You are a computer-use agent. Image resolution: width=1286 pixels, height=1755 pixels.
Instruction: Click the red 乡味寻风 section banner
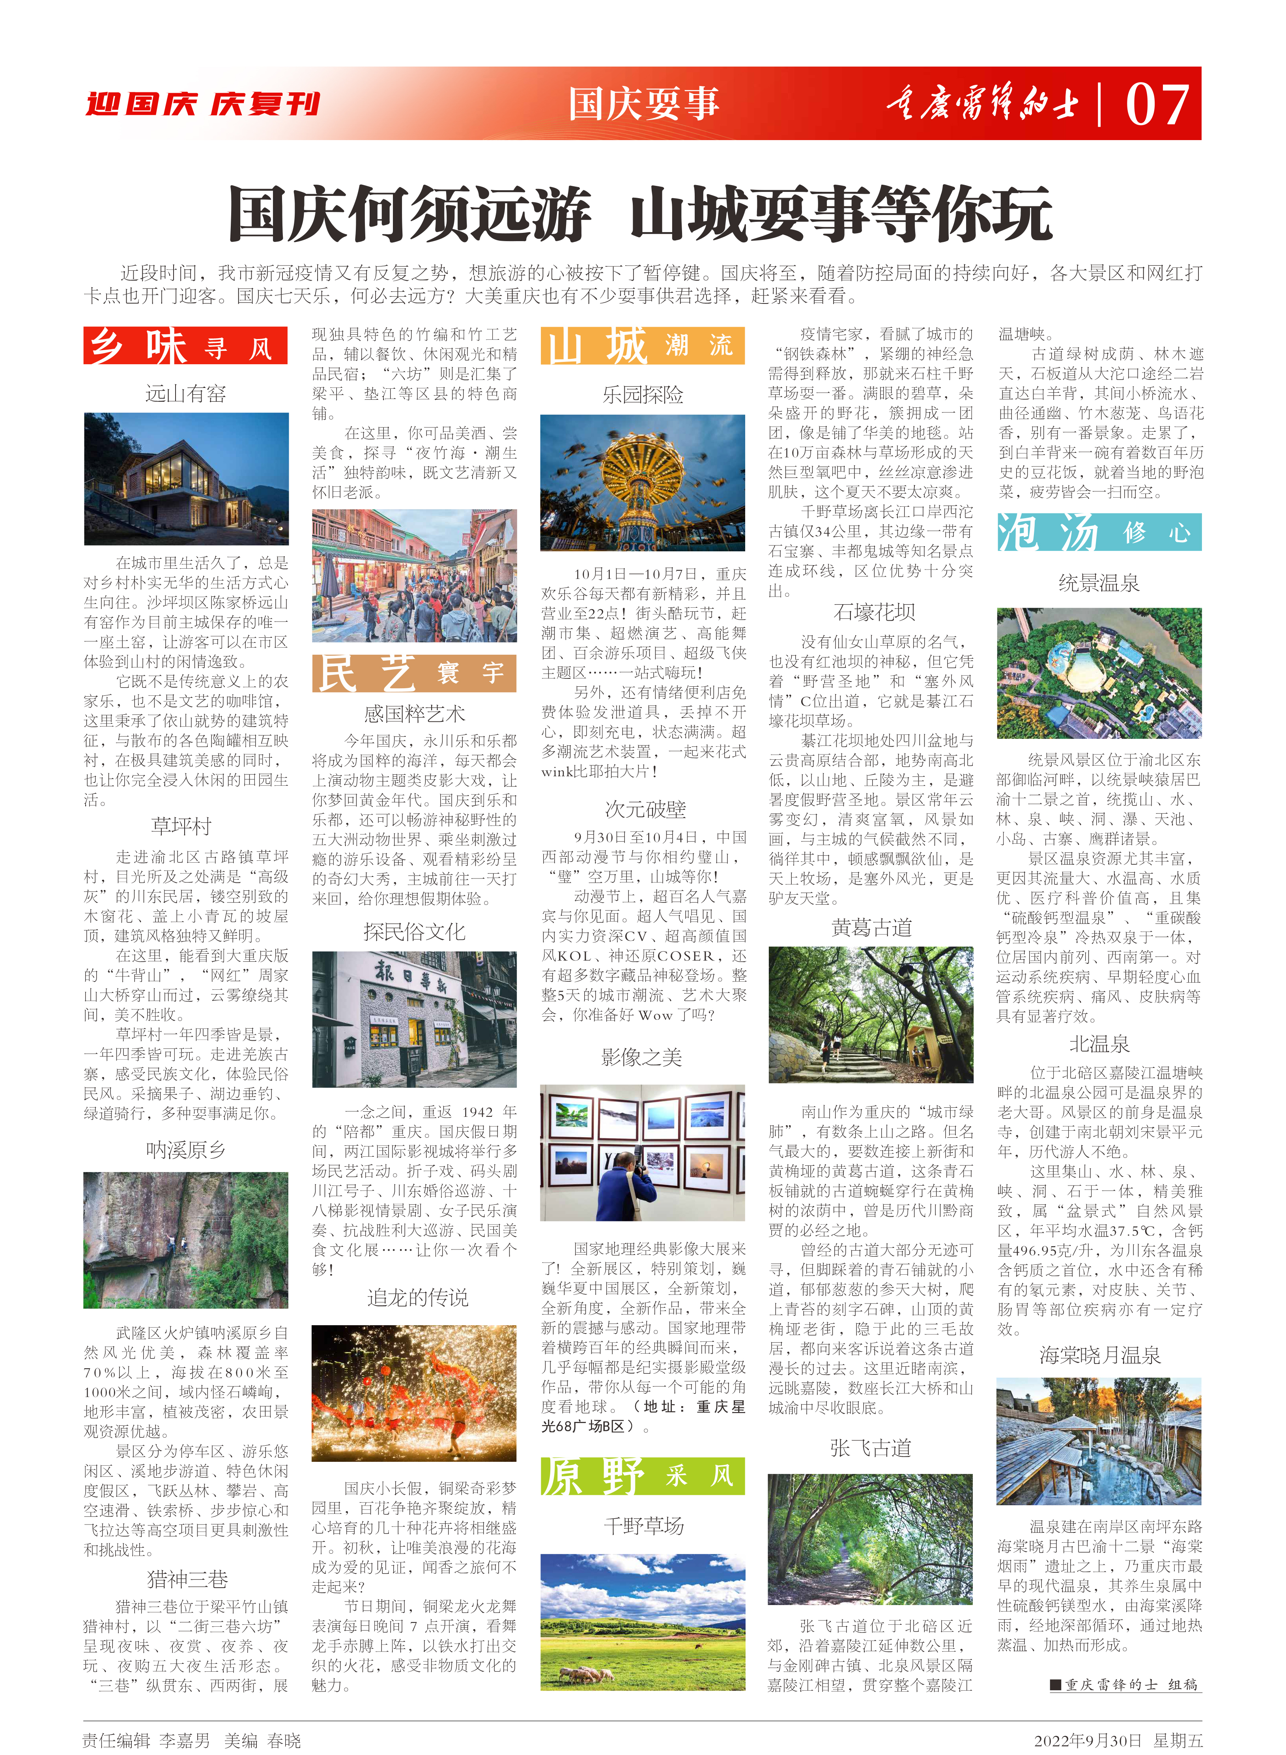[x=185, y=346]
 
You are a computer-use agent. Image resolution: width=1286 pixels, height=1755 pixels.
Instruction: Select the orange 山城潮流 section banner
[x=642, y=346]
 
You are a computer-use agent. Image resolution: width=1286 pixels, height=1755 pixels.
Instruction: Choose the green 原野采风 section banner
[x=642, y=1476]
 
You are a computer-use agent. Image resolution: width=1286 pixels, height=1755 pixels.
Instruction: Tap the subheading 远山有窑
[x=185, y=393]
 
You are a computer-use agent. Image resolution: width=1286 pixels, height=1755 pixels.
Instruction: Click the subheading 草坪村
[x=181, y=826]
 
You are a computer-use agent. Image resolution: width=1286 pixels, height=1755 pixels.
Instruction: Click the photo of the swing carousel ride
[x=642, y=483]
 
